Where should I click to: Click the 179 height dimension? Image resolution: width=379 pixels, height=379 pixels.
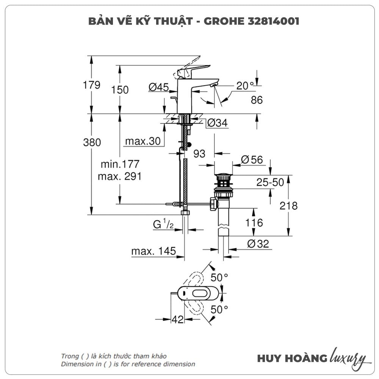(x=92, y=85)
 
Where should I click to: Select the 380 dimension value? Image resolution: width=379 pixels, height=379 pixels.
(x=92, y=143)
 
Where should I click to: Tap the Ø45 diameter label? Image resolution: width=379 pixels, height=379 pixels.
(x=158, y=87)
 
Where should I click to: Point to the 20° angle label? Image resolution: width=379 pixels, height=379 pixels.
(x=245, y=86)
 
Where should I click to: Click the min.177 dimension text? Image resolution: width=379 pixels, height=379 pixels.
(x=120, y=164)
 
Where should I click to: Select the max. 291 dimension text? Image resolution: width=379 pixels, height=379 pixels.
(x=119, y=176)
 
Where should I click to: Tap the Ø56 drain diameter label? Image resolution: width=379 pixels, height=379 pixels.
(x=252, y=160)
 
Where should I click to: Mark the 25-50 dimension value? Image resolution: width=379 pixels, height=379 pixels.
(x=270, y=183)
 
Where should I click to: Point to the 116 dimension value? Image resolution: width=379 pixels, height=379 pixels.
(x=254, y=222)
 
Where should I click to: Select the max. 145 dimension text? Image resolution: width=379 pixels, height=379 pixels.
(x=153, y=251)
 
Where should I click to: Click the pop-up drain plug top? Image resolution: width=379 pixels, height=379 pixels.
(x=224, y=176)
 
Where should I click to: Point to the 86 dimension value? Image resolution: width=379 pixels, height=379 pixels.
(x=257, y=100)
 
